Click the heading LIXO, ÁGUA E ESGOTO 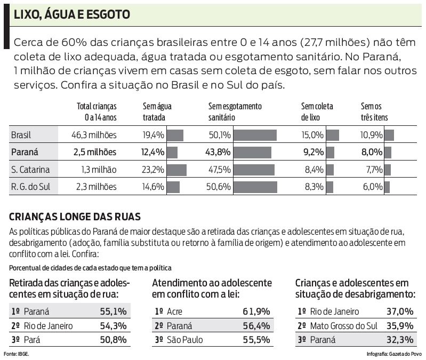(x=71, y=14)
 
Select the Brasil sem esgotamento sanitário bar (x=255, y=135)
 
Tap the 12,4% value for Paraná (x=152, y=152)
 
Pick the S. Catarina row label (x=30, y=170)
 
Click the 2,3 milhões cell (x=95, y=187)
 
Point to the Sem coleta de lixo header (x=317, y=111)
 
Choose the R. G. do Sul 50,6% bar (x=255, y=187)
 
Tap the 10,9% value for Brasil (x=372, y=135)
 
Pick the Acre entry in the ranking (x=174, y=311)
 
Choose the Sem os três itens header (x=374, y=111)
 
